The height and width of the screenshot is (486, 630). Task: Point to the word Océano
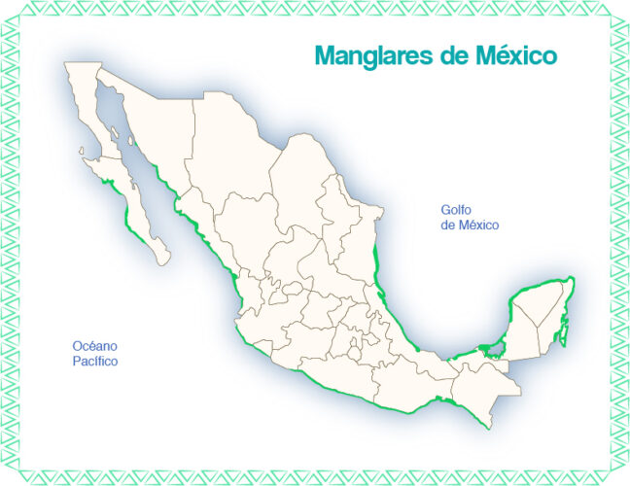tap(94, 346)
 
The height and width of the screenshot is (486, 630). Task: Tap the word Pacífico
tap(94, 362)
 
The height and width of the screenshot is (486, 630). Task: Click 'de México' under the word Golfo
tap(470, 226)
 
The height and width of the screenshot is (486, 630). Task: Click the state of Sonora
tap(156, 117)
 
